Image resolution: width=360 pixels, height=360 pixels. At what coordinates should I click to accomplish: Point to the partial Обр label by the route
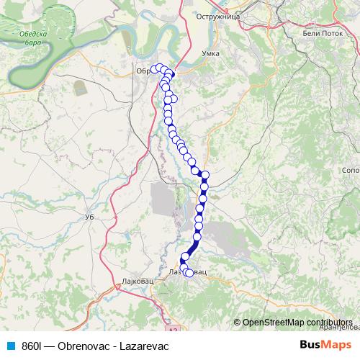tap(143, 71)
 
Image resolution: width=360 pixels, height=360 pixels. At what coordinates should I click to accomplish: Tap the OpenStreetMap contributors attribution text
tap(297, 322)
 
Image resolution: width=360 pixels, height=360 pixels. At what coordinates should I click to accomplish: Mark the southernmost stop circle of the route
tap(189, 273)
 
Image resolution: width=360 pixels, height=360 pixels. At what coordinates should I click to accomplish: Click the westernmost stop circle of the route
tap(153, 69)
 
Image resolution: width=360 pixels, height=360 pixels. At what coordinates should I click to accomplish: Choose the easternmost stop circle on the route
tap(205, 175)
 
